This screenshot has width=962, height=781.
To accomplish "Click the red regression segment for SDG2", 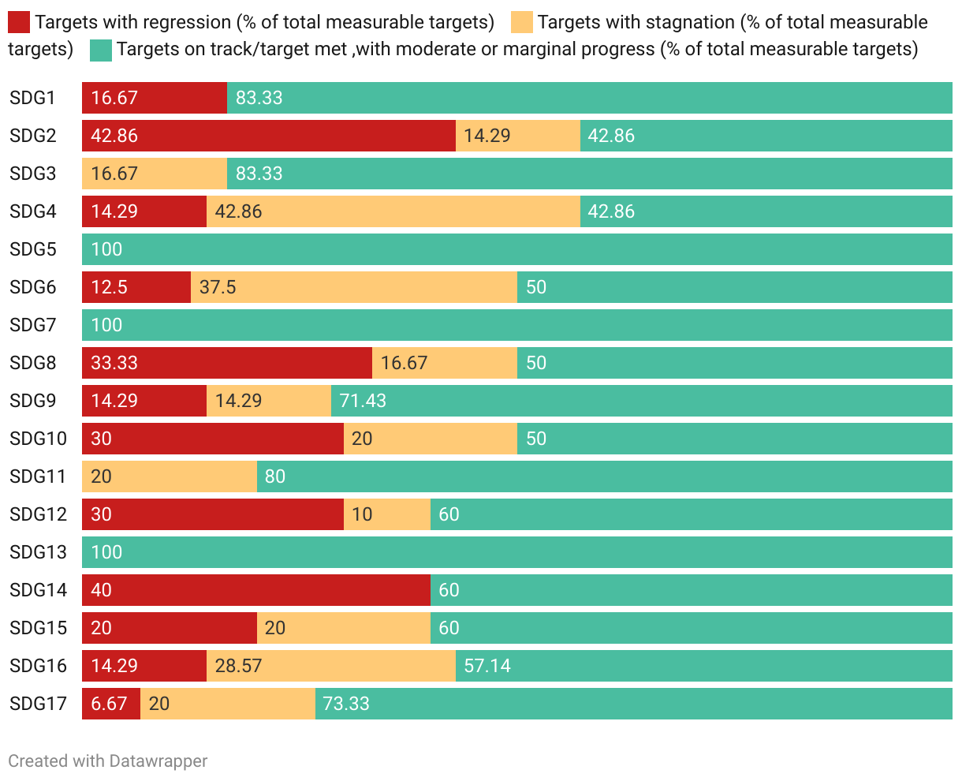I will coord(268,136).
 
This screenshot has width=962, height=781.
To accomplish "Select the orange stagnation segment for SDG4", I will coord(393,211).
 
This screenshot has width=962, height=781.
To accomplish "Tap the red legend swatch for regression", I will coord(19,22).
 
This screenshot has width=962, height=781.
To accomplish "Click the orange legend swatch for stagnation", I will coord(522,22).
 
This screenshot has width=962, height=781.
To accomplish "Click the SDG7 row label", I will coord(33,325).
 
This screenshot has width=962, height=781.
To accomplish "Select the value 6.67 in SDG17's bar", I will coord(109,704).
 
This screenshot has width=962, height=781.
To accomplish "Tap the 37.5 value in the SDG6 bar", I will coord(218,287).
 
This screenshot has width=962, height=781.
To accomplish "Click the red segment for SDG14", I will coord(255,590).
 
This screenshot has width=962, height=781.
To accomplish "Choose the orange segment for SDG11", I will coord(169,476).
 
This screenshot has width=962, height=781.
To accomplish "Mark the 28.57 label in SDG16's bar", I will coord(238,666).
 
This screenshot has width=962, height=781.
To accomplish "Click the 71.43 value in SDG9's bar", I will coord(363,401).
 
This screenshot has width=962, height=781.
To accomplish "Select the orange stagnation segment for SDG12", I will coord(386,514).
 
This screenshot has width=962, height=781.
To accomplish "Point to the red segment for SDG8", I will coord(226,363).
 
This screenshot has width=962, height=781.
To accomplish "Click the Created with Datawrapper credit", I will coord(108,761).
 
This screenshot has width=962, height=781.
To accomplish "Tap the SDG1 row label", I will coord(33,98).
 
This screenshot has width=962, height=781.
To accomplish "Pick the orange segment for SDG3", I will coord(154,174).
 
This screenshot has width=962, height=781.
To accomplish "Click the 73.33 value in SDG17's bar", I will coord(346,704).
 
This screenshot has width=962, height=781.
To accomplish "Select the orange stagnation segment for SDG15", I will coord(343,628).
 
